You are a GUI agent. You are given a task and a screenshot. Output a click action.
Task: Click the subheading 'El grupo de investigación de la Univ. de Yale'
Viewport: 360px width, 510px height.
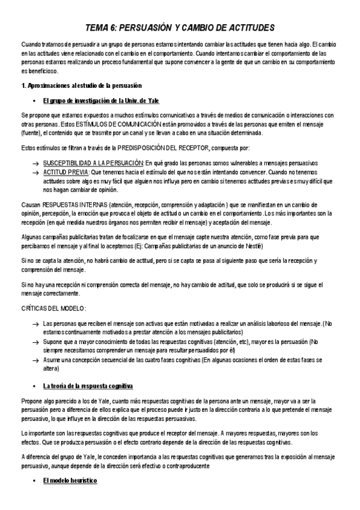(101, 100)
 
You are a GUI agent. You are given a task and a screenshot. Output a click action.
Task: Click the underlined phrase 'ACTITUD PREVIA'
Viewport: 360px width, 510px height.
(66, 171)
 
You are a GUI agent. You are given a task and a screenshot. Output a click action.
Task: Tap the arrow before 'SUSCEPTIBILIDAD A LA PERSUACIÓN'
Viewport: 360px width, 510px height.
(36, 164)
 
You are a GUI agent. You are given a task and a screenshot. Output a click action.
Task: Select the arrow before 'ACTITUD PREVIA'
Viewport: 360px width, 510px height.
(36, 171)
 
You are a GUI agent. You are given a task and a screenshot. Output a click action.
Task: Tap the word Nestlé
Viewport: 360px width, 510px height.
(252, 247)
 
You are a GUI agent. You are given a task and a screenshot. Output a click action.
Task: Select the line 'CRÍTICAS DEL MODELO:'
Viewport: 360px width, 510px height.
(53, 308)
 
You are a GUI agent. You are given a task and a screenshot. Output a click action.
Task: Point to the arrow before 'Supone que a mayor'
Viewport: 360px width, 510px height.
(36, 341)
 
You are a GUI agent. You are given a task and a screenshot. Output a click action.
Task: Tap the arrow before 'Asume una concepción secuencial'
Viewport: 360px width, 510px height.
(36, 358)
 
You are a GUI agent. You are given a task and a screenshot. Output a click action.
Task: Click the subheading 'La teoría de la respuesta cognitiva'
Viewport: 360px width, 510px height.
(88, 384)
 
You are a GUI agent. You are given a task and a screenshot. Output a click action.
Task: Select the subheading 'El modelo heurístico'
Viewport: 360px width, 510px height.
(69, 482)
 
